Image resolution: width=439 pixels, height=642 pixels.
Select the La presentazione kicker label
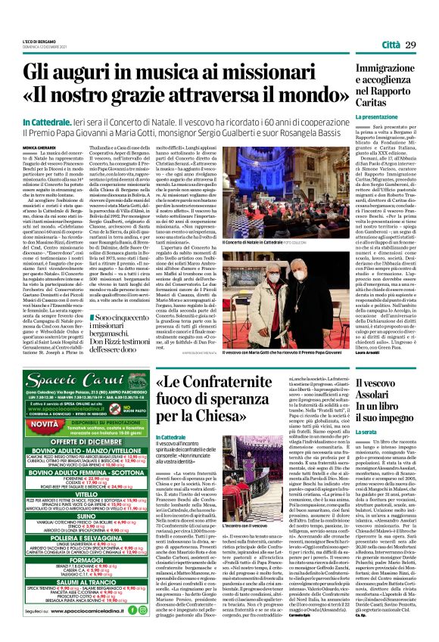coord(376,118)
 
